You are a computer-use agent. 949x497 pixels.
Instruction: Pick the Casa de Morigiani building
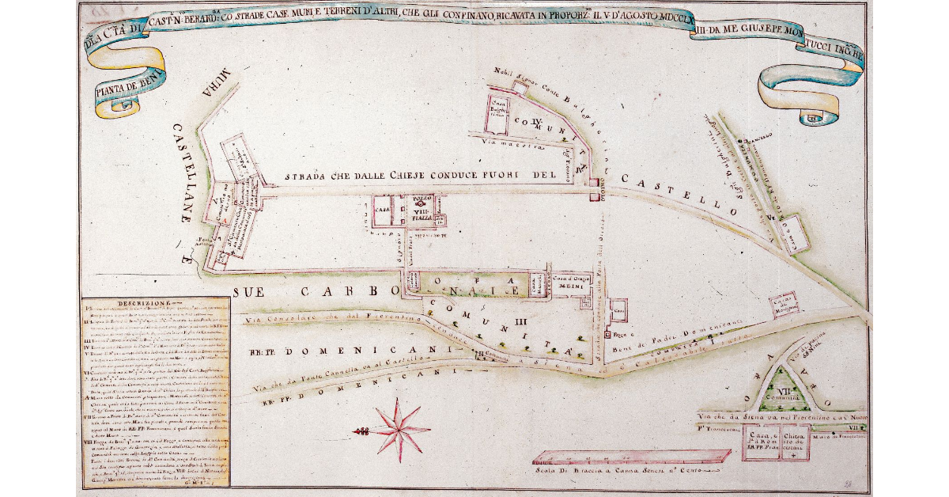[784, 305]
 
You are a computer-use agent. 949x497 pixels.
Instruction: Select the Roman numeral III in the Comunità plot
[520, 321]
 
